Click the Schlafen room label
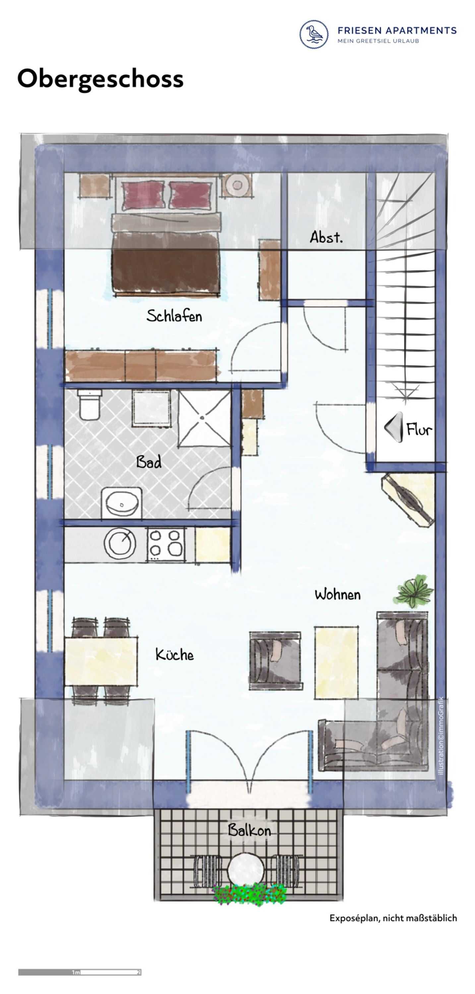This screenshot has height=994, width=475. tap(174, 316)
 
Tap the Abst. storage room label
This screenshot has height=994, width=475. tap(326, 237)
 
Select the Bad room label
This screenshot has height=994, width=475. tap(149, 462)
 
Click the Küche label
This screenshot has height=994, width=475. tap(175, 654)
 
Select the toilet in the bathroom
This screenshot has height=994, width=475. tap(89, 404)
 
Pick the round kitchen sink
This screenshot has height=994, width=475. tap(120, 542)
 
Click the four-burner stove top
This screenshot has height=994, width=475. tap(166, 544)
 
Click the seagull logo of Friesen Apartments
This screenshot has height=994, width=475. tap(314, 34)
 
